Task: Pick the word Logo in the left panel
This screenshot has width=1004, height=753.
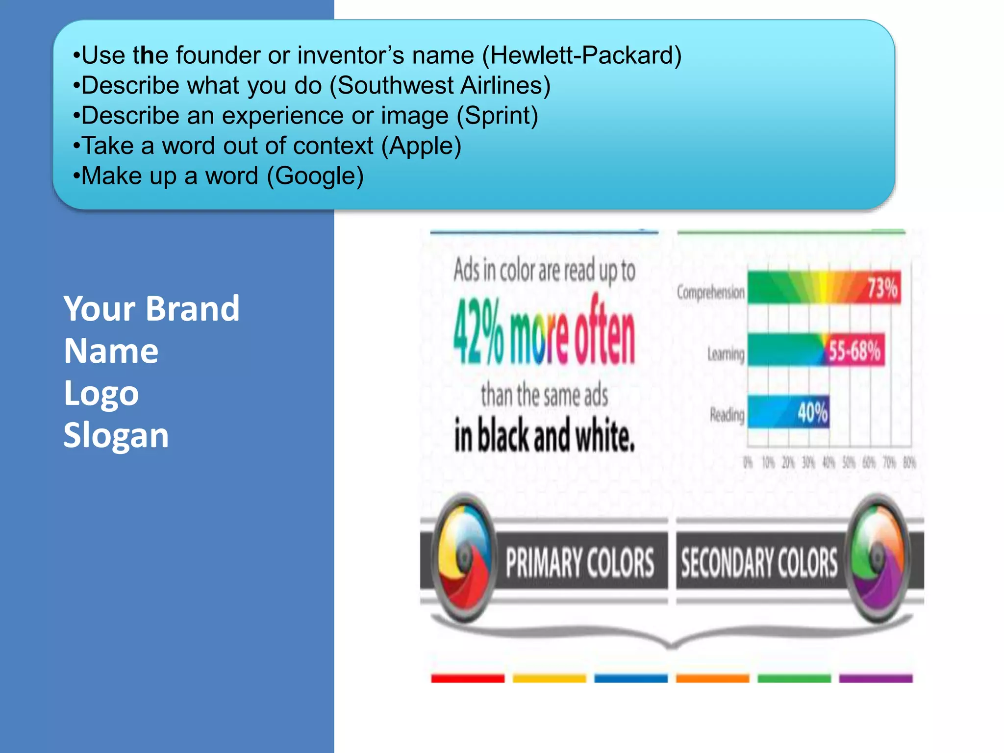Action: (x=101, y=393)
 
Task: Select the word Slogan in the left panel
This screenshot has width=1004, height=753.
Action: (x=116, y=435)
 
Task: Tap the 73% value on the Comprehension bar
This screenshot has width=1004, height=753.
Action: (x=882, y=288)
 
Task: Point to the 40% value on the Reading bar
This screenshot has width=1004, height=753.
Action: (x=812, y=412)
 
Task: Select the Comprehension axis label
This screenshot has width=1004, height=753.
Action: (x=710, y=293)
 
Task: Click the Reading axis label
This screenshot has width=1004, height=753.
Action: (x=727, y=415)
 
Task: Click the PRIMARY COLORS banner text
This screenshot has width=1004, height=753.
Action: (x=580, y=563)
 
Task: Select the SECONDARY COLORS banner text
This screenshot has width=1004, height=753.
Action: (x=759, y=563)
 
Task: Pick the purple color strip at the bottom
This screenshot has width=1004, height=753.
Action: (x=876, y=678)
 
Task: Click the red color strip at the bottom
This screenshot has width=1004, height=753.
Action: (x=468, y=678)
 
